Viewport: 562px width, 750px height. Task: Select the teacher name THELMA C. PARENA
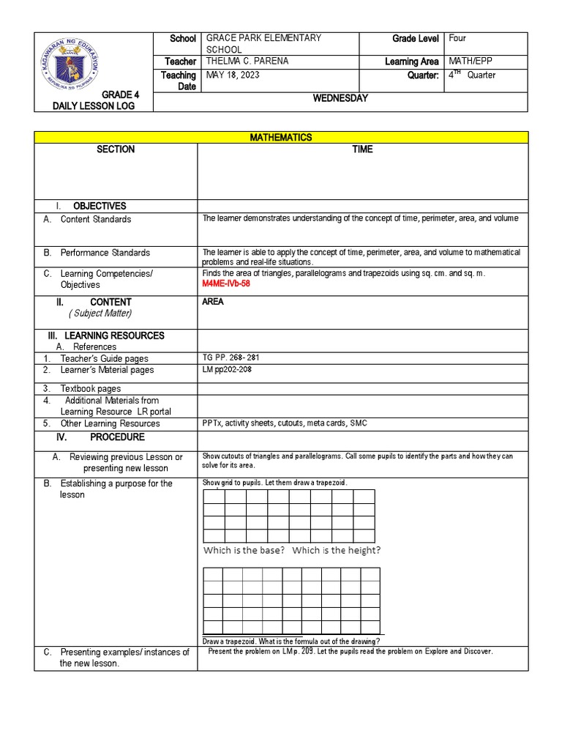247,62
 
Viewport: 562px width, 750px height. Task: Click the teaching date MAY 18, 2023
233,75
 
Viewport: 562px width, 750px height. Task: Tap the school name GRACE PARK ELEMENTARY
264,38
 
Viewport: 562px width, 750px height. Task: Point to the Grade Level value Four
458,38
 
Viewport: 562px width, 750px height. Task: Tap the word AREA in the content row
213,302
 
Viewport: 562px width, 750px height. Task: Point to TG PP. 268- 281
231,358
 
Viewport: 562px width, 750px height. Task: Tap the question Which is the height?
336,550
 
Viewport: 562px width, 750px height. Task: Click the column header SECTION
116,149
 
